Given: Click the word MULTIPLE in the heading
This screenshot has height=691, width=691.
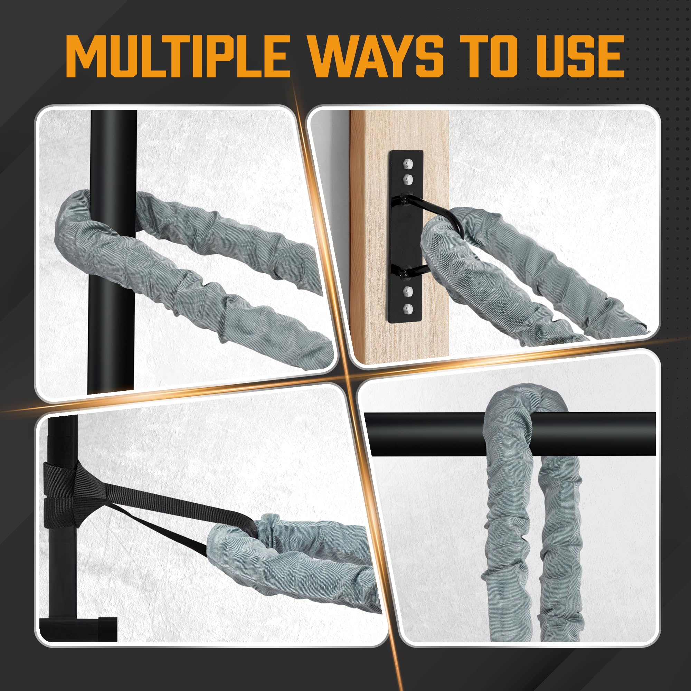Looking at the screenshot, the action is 178,56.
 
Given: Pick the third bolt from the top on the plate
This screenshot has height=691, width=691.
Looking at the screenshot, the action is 408,292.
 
